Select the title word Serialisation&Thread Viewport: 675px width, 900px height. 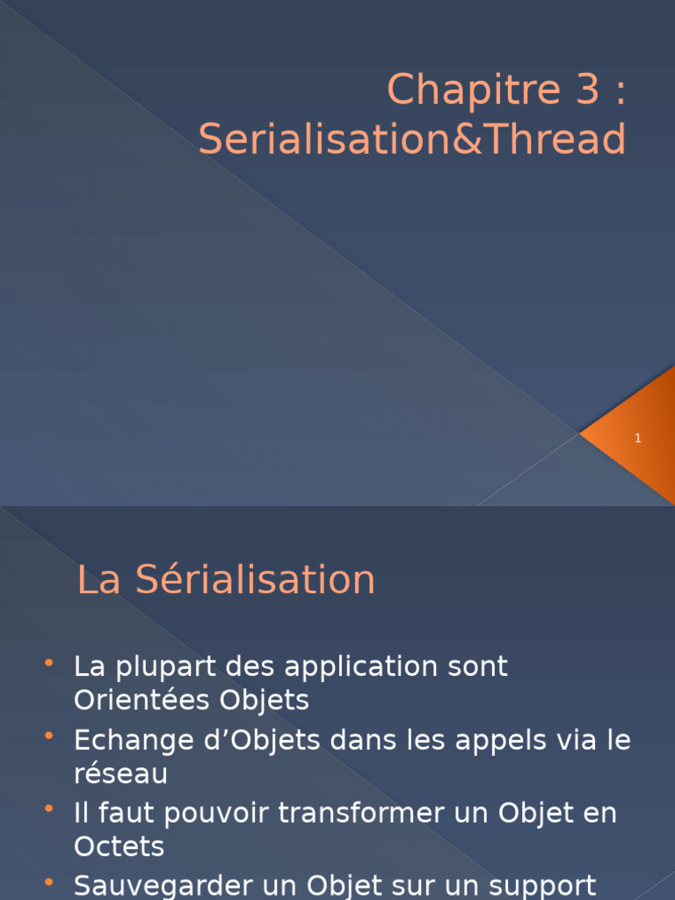pos(412,140)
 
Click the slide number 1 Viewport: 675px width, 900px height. pos(638,438)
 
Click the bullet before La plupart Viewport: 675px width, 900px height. pos(48,662)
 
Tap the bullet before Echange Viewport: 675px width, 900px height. pos(48,735)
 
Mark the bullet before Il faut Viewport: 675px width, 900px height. pos(48,808)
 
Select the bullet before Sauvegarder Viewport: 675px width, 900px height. pos(48,880)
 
